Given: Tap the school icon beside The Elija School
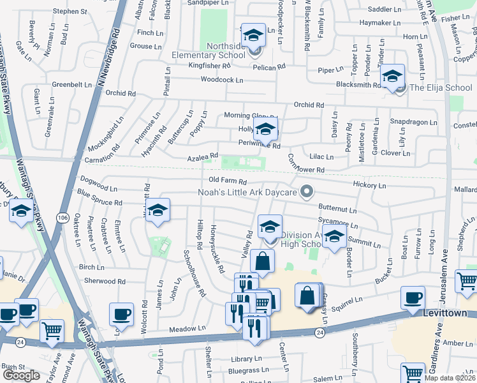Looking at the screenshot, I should coord(393,77).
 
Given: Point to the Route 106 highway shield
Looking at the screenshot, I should coord(62,218).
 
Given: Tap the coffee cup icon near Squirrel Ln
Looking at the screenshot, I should coord(413,297).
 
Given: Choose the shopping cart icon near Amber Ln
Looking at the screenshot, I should coord(467,280).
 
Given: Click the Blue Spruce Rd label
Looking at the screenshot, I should coord(99,197).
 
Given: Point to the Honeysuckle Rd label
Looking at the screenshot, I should coord(217,249).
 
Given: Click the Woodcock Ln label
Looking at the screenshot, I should coord(222,80).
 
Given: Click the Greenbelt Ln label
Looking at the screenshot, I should coord(72,84).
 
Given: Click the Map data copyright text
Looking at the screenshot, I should coord(450,378).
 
